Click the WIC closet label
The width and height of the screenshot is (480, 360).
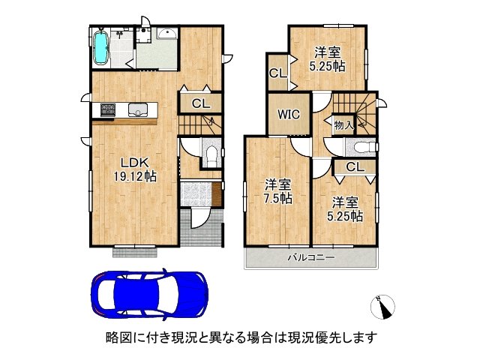(x=289, y=115)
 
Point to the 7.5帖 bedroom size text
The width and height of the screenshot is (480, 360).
(x=277, y=199)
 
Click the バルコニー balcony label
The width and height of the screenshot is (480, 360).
(x=311, y=258)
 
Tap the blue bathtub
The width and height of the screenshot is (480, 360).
(x=100, y=46)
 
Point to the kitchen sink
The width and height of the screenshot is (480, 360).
(x=137, y=111)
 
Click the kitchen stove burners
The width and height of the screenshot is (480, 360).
(x=103, y=111)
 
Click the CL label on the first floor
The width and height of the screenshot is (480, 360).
(x=200, y=103)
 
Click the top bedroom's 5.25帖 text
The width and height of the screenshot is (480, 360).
(x=328, y=66)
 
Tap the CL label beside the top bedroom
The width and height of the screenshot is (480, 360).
(x=276, y=73)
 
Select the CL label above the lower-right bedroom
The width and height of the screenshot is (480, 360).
(x=355, y=166)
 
